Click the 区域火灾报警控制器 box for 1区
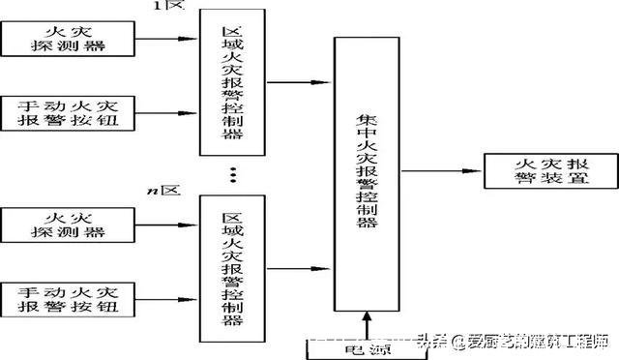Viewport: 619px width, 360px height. coord(232,83)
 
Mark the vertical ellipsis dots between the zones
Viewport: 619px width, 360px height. coord(232,173)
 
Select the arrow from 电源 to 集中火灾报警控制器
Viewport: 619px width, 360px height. coord(366,325)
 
